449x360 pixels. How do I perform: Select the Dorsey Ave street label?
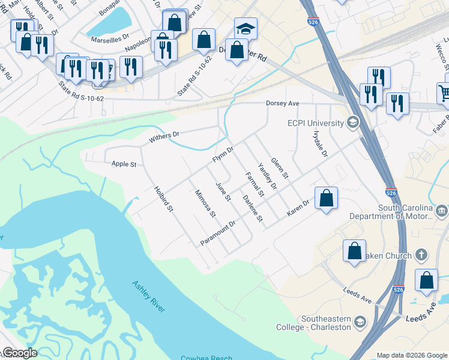(283, 103)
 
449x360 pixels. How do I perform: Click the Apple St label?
(124, 164)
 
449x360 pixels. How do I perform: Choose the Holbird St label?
(163, 199)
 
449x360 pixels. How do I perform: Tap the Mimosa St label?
(205, 203)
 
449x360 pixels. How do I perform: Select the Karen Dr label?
(297, 206)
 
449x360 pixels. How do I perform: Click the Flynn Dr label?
(222, 154)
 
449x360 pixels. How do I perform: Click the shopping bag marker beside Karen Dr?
(326, 198)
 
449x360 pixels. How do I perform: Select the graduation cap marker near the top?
(245, 29)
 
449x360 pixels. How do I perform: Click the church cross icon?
(421, 255)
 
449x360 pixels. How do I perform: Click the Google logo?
(20, 353)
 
